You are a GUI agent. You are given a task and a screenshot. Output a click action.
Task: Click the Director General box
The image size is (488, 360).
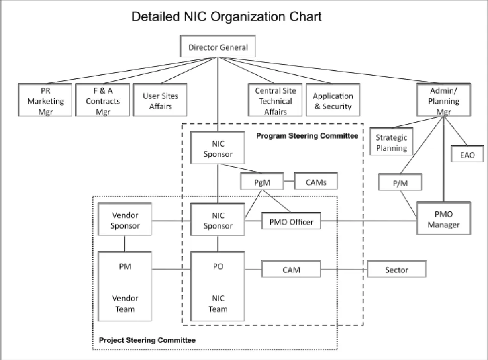coord(218,48)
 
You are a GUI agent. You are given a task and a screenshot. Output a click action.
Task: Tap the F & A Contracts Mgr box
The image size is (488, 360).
coord(103,100)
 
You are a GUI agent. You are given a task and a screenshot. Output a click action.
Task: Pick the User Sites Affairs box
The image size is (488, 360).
coord(161,100)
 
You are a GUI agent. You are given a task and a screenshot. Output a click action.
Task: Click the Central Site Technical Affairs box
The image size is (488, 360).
coord(275,100)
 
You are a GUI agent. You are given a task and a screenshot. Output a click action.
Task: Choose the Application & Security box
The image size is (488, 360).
coord(333,100)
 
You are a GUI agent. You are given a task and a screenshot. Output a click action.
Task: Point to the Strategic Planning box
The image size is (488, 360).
coord(391,143)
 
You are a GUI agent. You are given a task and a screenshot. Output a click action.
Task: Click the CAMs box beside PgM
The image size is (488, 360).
coord(316,181)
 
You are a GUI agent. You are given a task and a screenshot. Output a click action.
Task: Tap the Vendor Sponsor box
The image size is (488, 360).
coord(125,221)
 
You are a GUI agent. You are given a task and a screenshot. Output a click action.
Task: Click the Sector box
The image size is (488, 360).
coord(396,269)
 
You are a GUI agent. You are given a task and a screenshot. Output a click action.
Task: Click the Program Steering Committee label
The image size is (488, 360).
coord(306,136)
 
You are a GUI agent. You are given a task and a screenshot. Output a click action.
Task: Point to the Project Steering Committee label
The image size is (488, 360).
coord(147,340)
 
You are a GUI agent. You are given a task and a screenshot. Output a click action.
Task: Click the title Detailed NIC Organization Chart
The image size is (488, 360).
coord(227,16)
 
